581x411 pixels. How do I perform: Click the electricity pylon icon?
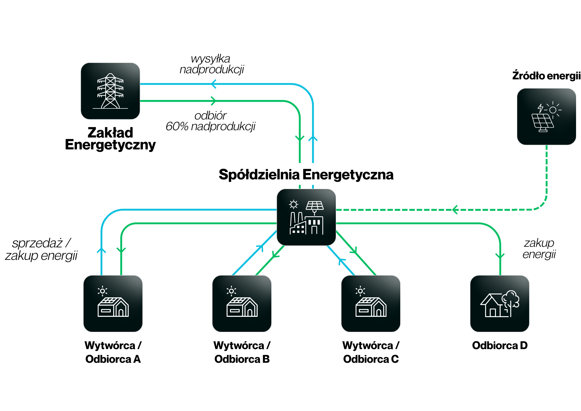[110, 91]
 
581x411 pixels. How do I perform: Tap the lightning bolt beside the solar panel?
[540, 108]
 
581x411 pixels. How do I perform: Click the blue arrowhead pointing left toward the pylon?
[214, 84]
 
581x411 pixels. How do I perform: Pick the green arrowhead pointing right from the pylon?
[214, 101]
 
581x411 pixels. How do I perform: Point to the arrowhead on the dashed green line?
[455, 210]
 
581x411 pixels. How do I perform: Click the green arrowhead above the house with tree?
[500, 256]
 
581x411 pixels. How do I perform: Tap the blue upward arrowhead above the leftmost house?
[101, 250]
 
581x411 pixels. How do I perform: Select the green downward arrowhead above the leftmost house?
[121, 250]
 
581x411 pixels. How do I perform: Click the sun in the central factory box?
[294, 205]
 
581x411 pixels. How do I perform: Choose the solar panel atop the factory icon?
[315, 206]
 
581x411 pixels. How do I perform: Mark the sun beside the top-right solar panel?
[553, 110]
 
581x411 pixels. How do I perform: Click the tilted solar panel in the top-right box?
[542, 121]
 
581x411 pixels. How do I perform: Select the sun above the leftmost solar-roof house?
[102, 291]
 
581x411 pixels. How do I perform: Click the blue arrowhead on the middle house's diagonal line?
[261, 248]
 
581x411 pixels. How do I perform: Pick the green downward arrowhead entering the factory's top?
[300, 138]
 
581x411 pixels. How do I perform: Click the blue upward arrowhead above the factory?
[313, 138]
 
